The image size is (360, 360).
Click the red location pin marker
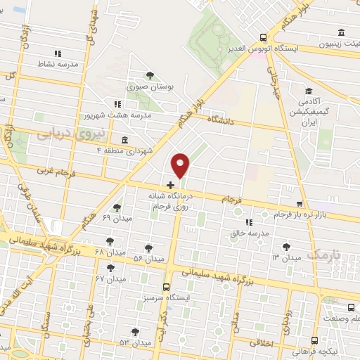[x=181, y=165]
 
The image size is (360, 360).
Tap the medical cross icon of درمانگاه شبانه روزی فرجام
[x=170, y=184]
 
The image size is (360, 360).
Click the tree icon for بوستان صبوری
[x=149, y=75]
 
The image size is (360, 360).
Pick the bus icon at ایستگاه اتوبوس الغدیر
[x=263, y=38]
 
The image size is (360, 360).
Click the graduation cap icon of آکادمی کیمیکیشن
[x=309, y=91]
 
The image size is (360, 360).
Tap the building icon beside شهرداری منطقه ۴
[x=124, y=139]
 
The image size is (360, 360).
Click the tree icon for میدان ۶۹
[x=116, y=207]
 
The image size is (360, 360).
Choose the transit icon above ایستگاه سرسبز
[x=166, y=287]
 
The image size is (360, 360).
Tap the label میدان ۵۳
[x=135, y=342]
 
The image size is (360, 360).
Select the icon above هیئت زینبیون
[x=341, y=32]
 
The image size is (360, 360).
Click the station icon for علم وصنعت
[x=352, y=307]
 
